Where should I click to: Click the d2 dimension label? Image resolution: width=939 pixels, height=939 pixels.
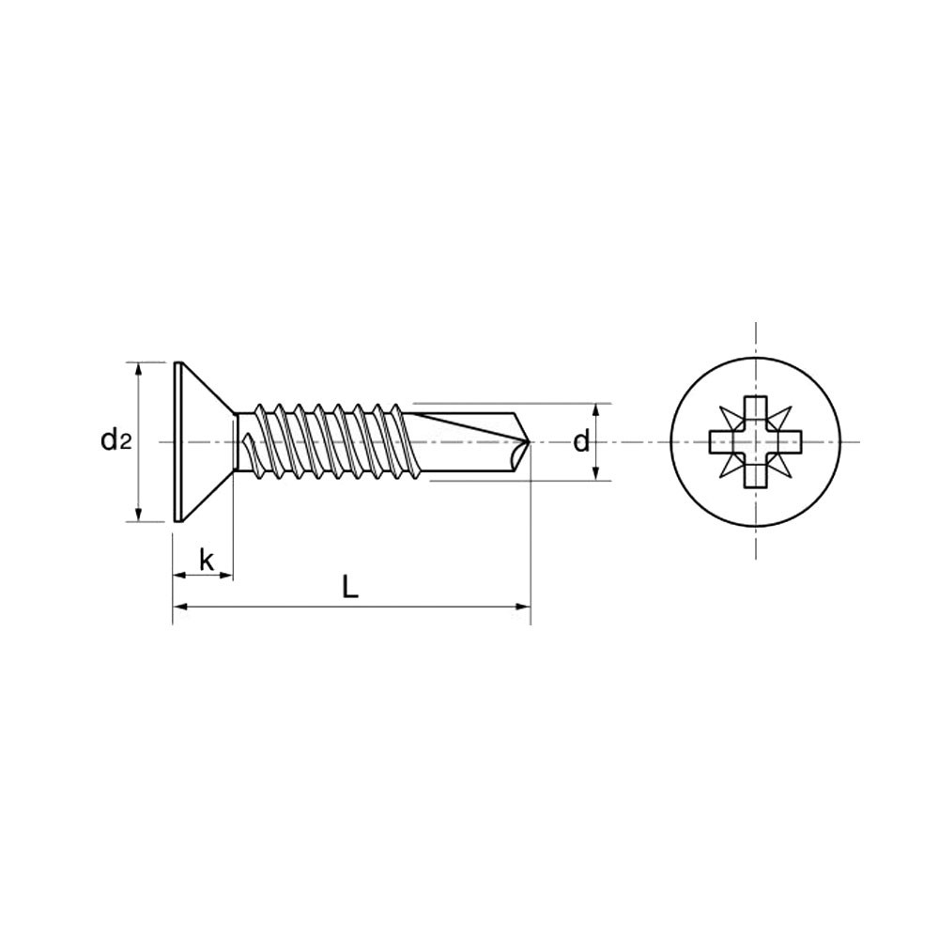click(x=115, y=442)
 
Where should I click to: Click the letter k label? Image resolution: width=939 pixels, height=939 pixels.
click(x=207, y=561)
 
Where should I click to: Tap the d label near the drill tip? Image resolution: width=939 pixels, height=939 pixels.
click(x=581, y=442)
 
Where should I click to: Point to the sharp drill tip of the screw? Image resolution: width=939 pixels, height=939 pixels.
click(x=531, y=442)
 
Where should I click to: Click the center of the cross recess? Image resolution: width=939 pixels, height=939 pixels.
click(x=756, y=442)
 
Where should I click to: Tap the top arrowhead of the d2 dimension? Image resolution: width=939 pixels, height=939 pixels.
click(x=139, y=369)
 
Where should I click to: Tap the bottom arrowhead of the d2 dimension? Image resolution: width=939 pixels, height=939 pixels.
click(x=139, y=515)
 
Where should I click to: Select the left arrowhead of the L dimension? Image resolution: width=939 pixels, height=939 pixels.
click(x=180, y=607)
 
